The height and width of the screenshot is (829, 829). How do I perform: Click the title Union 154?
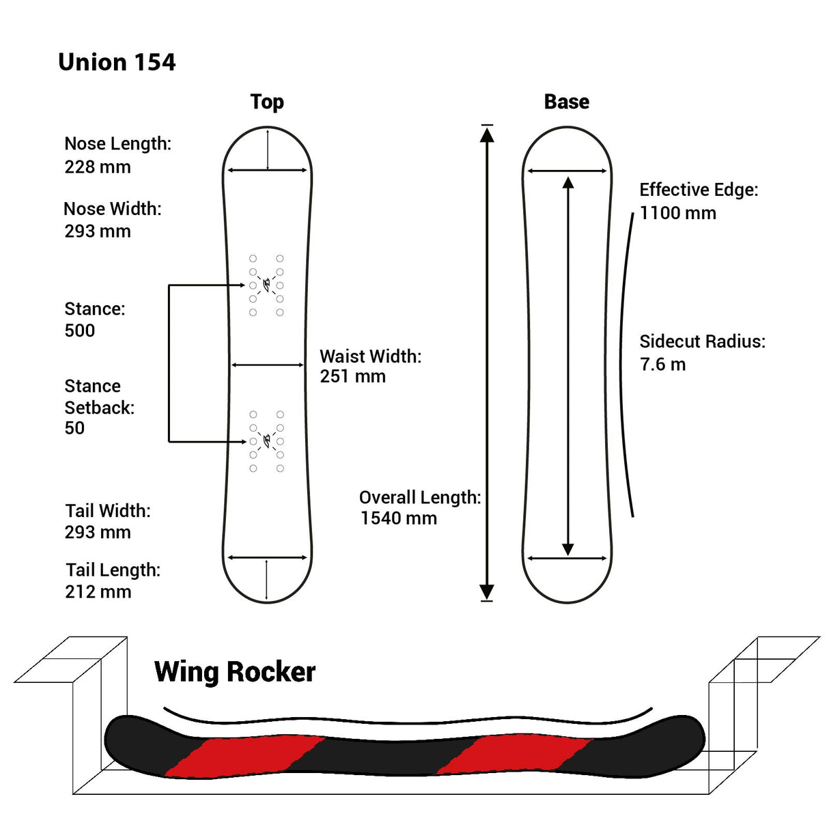point(117,62)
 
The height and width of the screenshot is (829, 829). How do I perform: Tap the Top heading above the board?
point(267,102)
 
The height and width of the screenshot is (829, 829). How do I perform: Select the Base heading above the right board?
point(566,102)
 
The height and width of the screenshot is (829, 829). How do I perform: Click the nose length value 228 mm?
point(98,167)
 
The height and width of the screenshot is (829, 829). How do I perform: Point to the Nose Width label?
point(113,208)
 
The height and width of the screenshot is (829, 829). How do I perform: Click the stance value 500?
point(80,331)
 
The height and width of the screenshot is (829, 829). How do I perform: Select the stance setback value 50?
point(74,428)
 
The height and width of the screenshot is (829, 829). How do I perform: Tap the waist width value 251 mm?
point(353,376)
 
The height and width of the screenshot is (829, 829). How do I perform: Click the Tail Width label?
point(108,511)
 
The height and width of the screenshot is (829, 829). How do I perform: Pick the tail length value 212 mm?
point(98,591)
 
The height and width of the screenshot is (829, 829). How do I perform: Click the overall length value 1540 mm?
point(399,518)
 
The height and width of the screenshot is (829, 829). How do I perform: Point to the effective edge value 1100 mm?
point(678,213)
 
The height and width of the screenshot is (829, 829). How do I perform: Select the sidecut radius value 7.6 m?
point(662,364)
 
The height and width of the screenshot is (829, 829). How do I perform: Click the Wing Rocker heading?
point(235,672)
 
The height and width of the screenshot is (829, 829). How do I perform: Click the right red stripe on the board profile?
point(512,755)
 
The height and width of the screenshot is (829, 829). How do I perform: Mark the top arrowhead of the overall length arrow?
point(487,134)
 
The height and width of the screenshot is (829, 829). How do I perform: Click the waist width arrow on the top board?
point(268,365)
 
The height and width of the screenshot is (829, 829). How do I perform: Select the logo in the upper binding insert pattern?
point(266,283)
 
